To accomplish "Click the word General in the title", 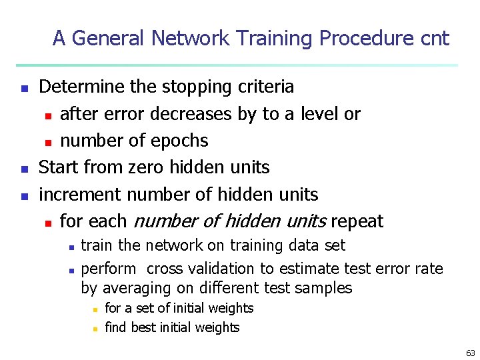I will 109,39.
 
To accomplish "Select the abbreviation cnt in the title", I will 435,39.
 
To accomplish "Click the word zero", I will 145,167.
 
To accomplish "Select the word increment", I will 81,195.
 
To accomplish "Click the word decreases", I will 192,114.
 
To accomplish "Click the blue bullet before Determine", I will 24,88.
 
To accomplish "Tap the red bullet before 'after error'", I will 48,115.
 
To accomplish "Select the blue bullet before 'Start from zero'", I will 24,169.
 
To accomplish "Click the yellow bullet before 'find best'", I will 95,328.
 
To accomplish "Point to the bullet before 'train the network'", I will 71,247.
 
